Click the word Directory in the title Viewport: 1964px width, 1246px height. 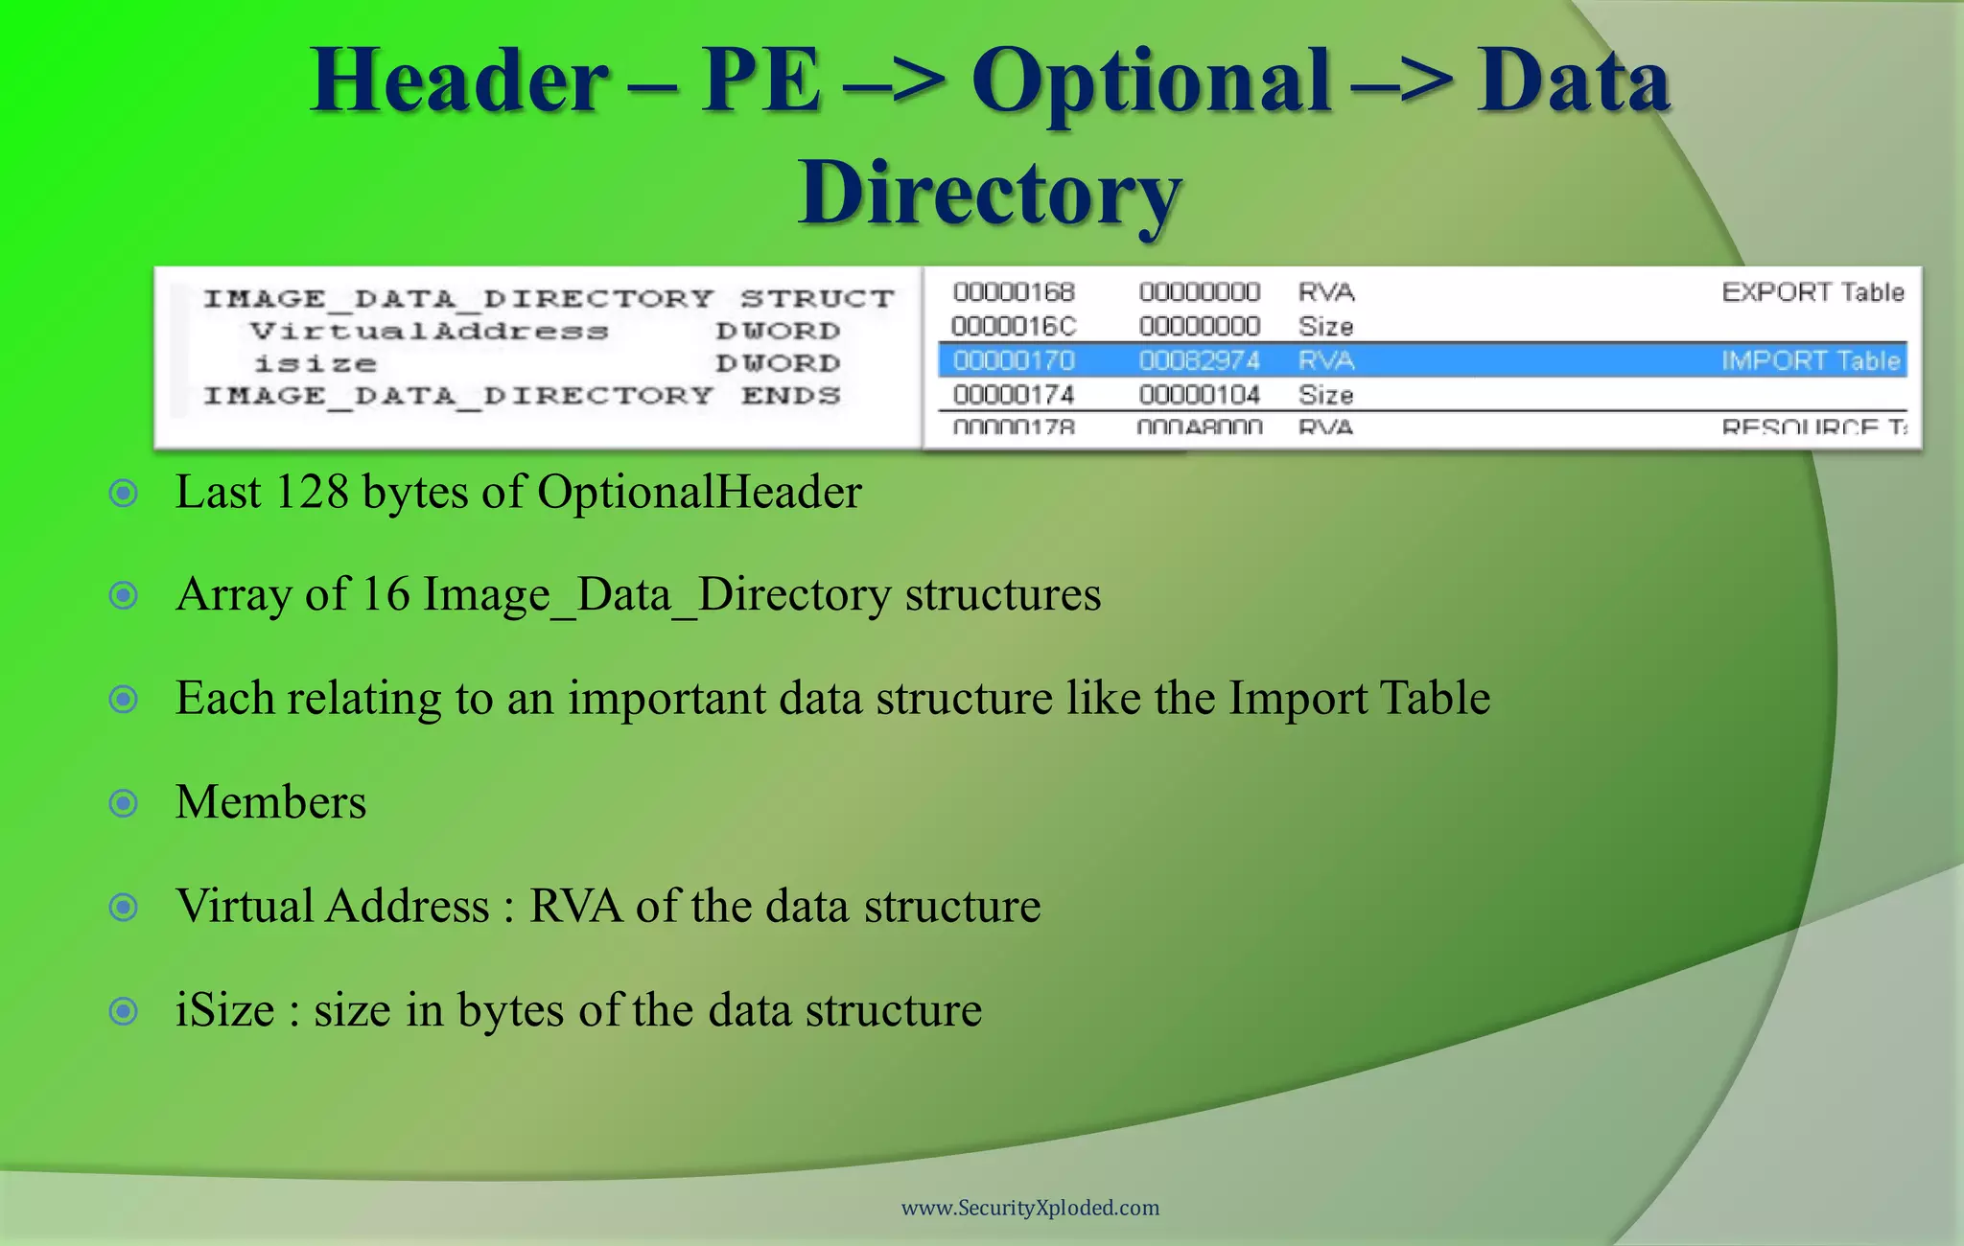(990, 195)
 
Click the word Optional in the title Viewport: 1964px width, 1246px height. (1152, 81)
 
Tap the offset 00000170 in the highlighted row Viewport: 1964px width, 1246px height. (1014, 360)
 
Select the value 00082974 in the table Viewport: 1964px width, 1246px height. (1199, 360)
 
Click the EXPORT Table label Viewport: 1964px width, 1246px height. (1812, 291)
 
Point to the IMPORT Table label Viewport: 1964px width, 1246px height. (1811, 360)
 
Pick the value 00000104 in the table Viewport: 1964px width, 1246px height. (1199, 395)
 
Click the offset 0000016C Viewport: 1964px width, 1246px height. (1014, 326)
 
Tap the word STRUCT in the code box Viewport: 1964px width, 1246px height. (817, 299)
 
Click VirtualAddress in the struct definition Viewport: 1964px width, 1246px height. (429, 332)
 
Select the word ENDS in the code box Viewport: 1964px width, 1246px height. (790, 396)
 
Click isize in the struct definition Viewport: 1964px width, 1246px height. (315, 364)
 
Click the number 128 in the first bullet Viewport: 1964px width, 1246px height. (311, 493)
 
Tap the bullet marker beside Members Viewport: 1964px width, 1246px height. (124, 802)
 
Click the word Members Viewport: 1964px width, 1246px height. (270, 802)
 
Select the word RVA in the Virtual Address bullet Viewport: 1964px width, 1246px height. (575, 907)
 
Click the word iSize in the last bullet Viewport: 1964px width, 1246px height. (224, 1010)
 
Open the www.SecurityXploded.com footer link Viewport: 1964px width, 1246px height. (1030, 1208)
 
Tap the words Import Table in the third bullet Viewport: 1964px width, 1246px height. (1359, 699)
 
